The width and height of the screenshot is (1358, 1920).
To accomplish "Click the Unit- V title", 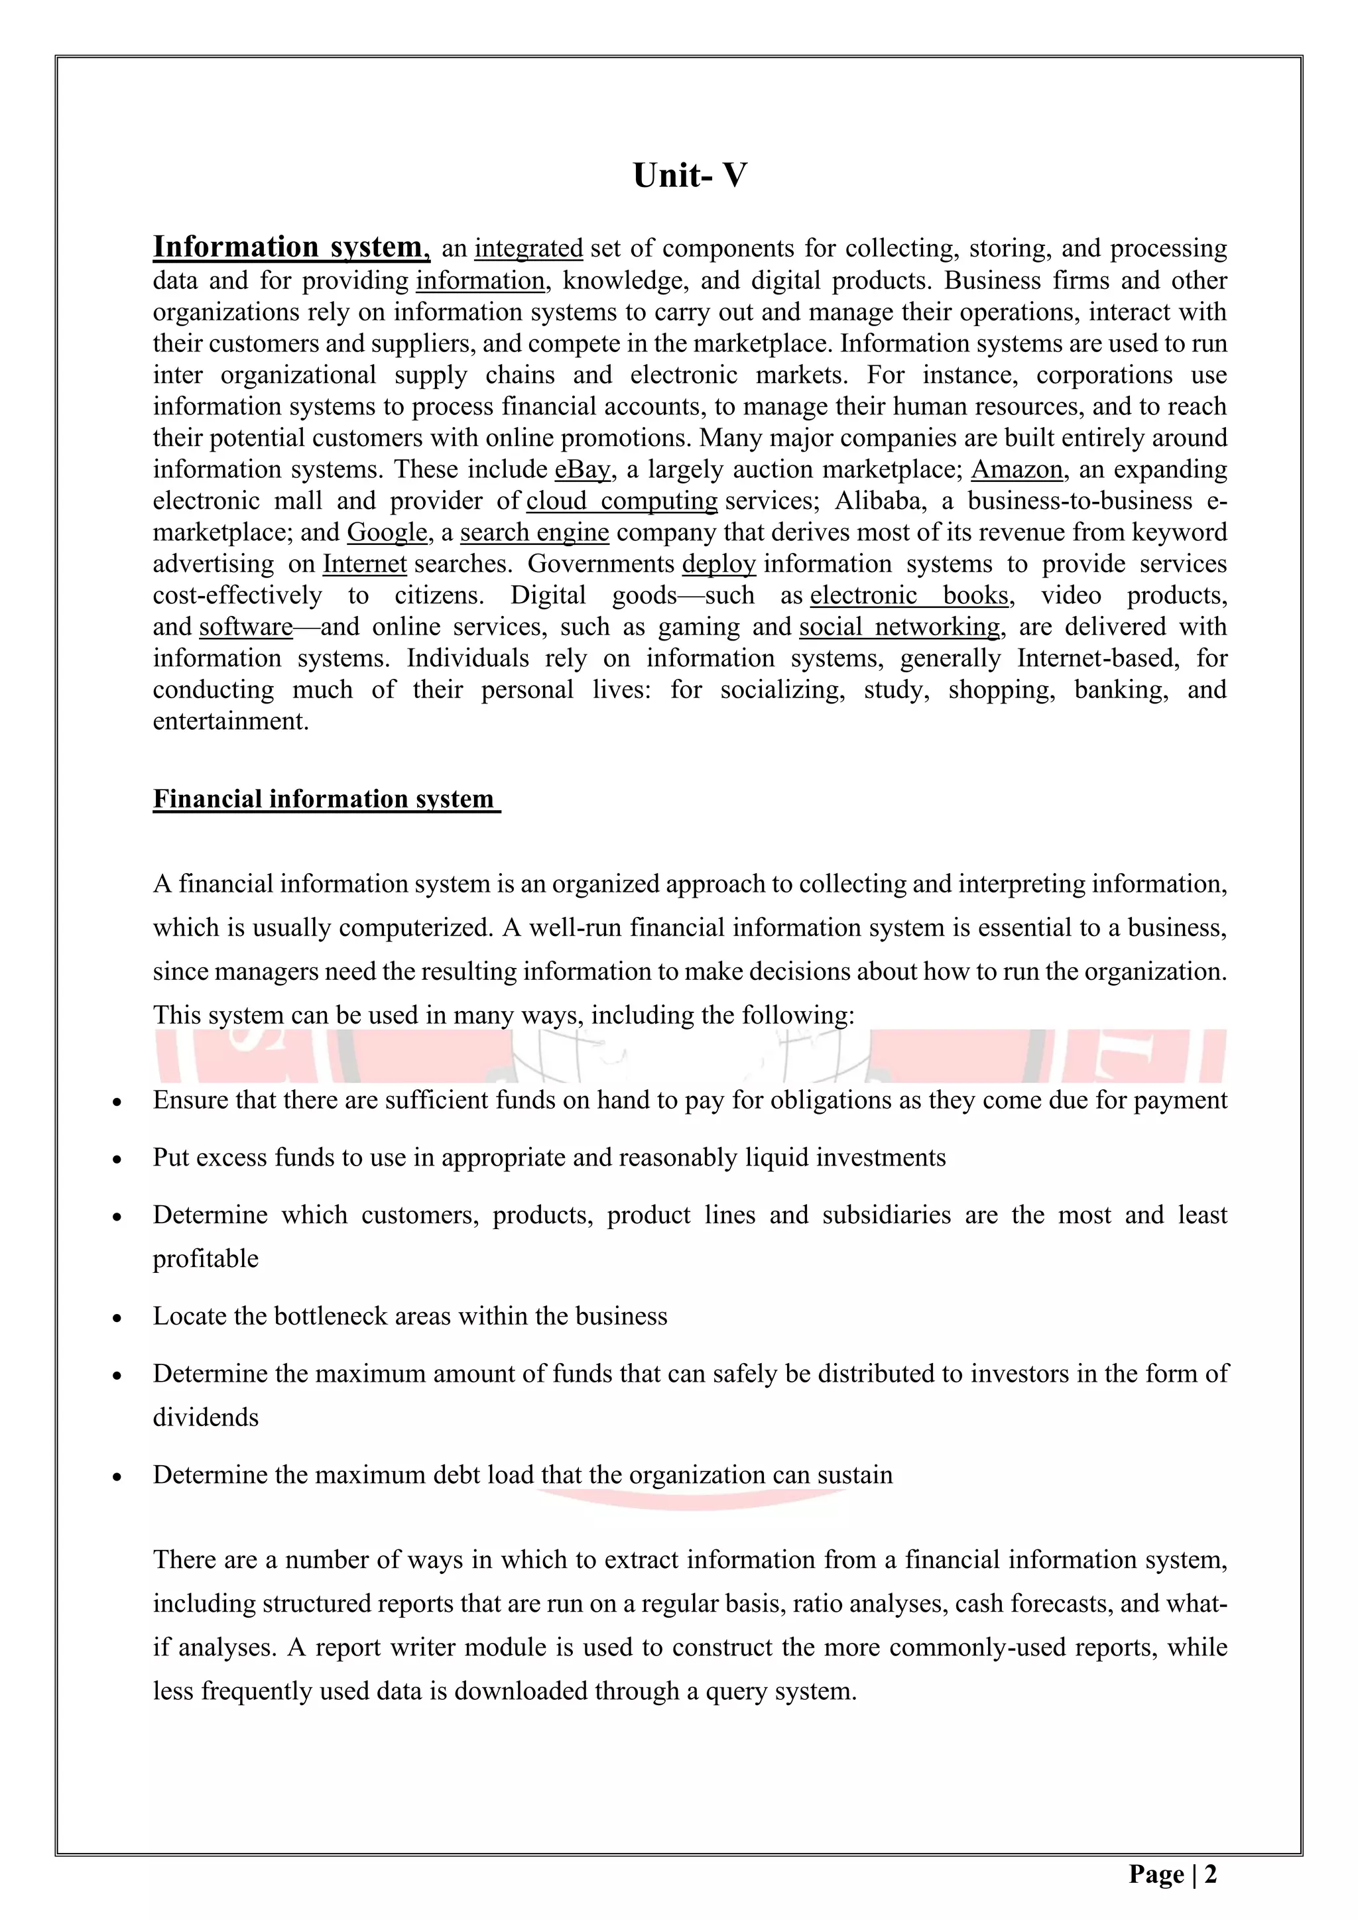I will (x=689, y=176).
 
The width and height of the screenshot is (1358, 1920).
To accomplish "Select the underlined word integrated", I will (x=528, y=249).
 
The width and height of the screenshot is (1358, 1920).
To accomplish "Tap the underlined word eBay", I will (x=583, y=469).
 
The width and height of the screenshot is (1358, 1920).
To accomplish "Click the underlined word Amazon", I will (x=1017, y=469).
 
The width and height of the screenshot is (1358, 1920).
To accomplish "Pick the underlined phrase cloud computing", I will (x=621, y=501).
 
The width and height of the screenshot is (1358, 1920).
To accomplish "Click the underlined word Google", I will (x=387, y=532).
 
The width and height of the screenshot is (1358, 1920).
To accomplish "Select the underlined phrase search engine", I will (x=534, y=532).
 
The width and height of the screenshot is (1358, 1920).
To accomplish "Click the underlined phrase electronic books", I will (x=910, y=595).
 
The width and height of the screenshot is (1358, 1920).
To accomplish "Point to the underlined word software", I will (x=246, y=627).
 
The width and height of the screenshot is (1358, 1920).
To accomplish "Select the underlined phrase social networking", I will (x=900, y=627).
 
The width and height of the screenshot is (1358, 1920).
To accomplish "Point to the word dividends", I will (x=206, y=1417).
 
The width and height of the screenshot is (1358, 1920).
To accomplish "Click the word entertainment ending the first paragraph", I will (x=231, y=722).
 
